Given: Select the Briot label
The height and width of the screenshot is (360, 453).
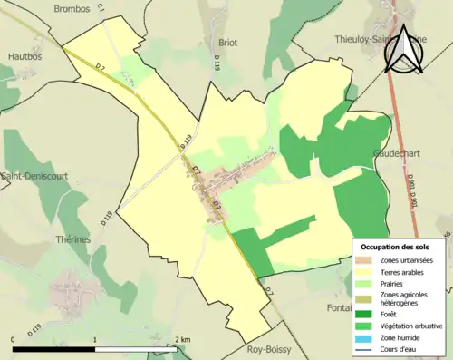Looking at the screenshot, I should click(228, 42).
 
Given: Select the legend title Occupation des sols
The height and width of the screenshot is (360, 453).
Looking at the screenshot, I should click(397, 247).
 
